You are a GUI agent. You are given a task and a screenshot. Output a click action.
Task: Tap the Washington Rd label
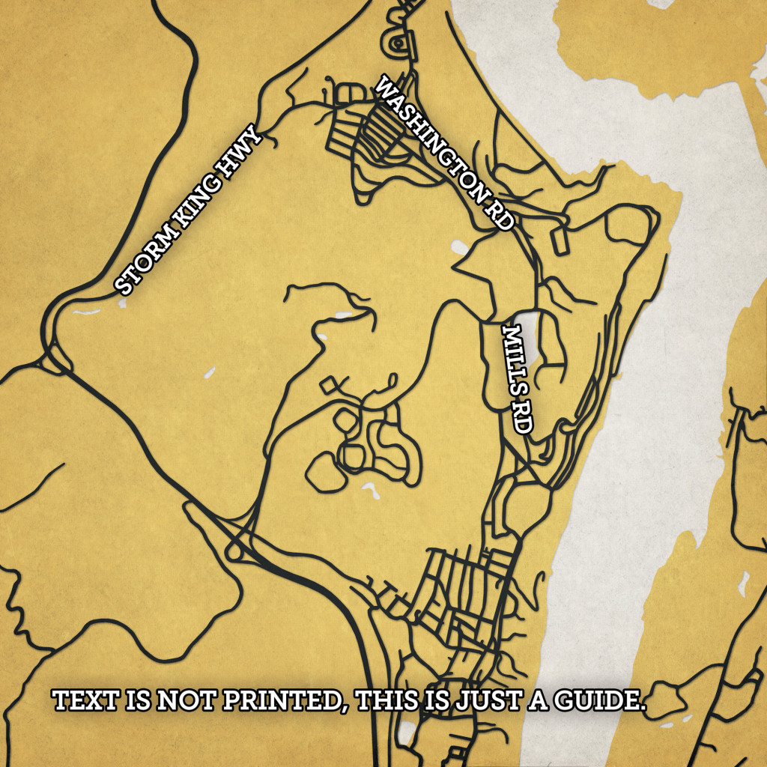coord(446,154)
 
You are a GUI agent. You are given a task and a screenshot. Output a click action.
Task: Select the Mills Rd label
coord(517,378)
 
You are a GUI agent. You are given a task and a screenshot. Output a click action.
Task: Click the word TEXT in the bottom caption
coord(79,702)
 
